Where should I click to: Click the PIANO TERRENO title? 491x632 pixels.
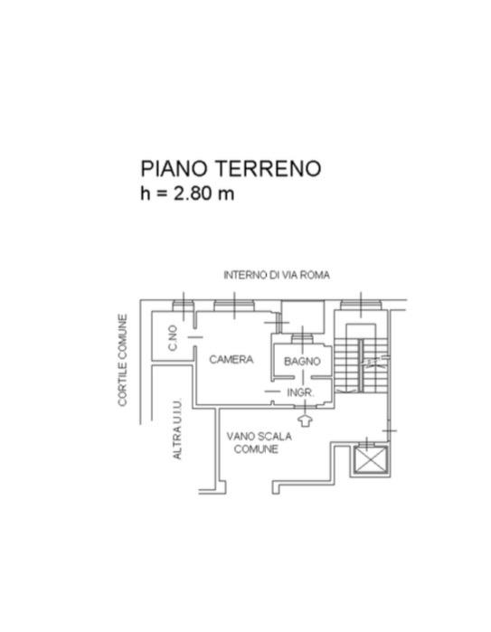click(231, 168)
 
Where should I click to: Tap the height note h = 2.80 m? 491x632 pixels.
click(187, 193)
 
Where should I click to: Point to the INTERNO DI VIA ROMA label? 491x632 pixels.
click(277, 275)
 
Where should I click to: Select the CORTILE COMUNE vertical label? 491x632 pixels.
click(123, 360)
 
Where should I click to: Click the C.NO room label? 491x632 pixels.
click(173, 338)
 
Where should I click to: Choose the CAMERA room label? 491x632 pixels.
click(231, 359)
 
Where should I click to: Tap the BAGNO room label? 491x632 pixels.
click(302, 361)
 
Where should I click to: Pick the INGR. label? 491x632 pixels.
click(300, 392)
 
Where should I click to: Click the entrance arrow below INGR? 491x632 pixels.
click(305, 420)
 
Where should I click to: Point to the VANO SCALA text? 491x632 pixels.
click(260, 436)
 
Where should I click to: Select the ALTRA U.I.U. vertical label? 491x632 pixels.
click(177, 429)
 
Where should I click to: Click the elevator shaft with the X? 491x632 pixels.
click(370, 459)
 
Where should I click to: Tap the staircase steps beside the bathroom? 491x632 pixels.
click(360, 365)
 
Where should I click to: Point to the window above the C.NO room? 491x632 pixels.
click(184, 306)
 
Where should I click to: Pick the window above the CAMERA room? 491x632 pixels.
click(234, 306)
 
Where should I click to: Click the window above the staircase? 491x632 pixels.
click(361, 305)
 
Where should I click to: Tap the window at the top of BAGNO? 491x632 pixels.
click(302, 338)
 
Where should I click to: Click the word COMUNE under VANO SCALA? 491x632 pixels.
click(256, 449)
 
